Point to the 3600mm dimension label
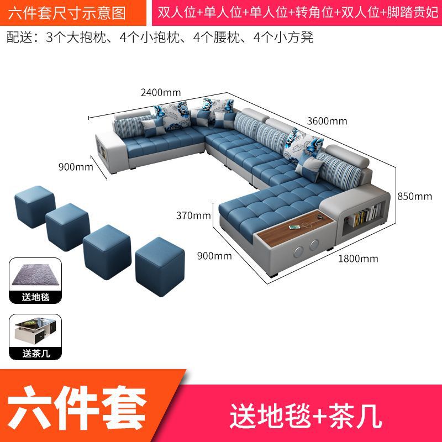pos(327,121)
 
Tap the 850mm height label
pos(415,196)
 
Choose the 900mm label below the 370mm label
pos(214,255)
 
